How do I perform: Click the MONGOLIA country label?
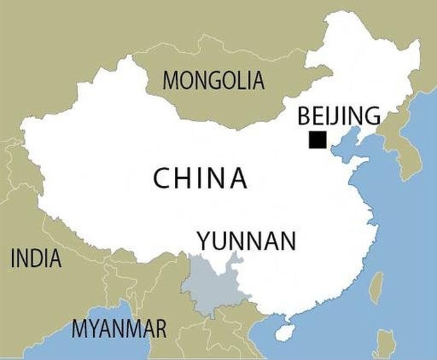point(214,80)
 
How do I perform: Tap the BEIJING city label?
point(339,116)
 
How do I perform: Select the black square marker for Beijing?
point(317,139)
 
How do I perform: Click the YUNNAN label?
point(247,241)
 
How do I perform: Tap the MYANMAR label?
point(119,328)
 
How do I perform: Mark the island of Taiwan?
point(376,287)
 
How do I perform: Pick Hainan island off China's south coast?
point(283,332)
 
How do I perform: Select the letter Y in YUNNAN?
point(204,241)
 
